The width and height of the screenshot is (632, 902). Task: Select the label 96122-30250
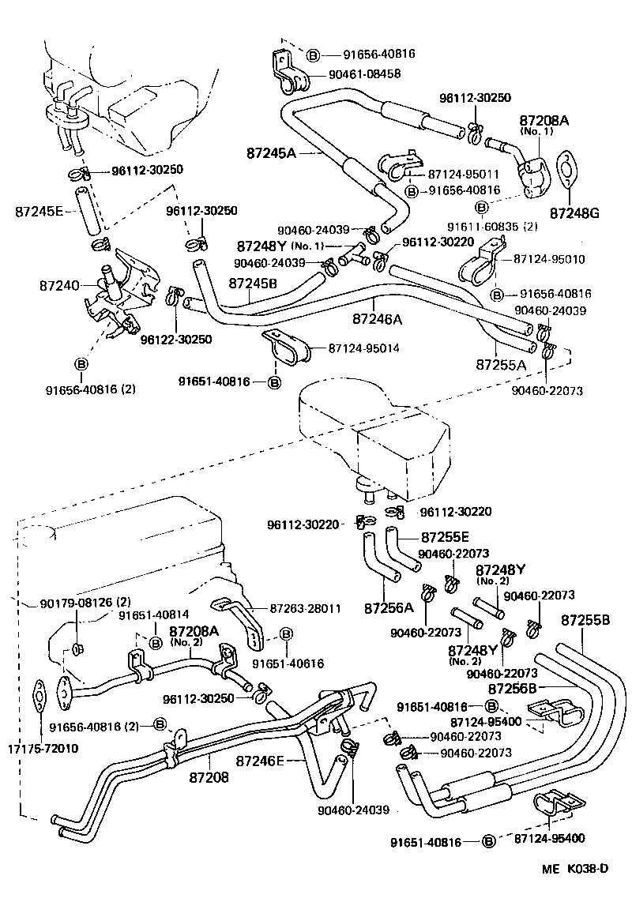click(x=175, y=339)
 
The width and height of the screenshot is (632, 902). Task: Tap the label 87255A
click(x=501, y=365)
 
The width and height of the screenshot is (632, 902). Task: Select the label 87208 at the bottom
click(x=209, y=777)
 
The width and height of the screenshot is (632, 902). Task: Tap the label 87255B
click(x=585, y=620)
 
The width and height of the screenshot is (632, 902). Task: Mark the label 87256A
click(x=389, y=607)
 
